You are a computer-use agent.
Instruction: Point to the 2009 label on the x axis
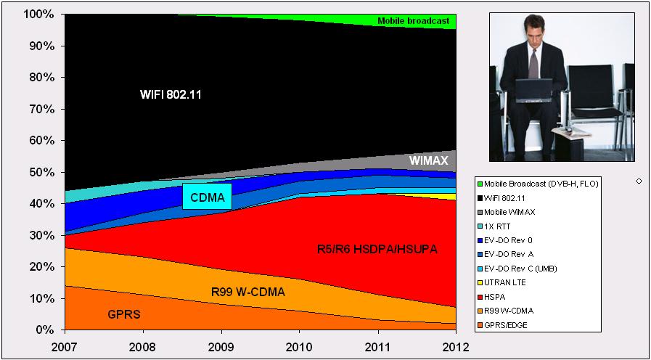click(x=221, y=347)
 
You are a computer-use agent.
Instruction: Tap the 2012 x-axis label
click(x=456, y=347)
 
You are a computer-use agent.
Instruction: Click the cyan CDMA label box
click(x=207, y=197)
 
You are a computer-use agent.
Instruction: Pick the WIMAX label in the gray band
click(x=430, y=160)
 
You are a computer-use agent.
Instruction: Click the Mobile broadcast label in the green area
click(x=414, y=21)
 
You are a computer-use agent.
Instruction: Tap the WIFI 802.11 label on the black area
click(x=171, y=94)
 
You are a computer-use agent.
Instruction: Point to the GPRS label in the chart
click(x=124, y=314)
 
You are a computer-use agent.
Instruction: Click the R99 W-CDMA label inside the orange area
click(x=247, y=292)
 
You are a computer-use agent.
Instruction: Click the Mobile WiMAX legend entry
click(x=506, y=212)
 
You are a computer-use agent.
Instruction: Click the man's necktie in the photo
click(x=533, y=64)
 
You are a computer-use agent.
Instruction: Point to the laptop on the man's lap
click(x=534, y=91)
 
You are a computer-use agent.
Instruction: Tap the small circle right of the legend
click(x=639, y=181)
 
